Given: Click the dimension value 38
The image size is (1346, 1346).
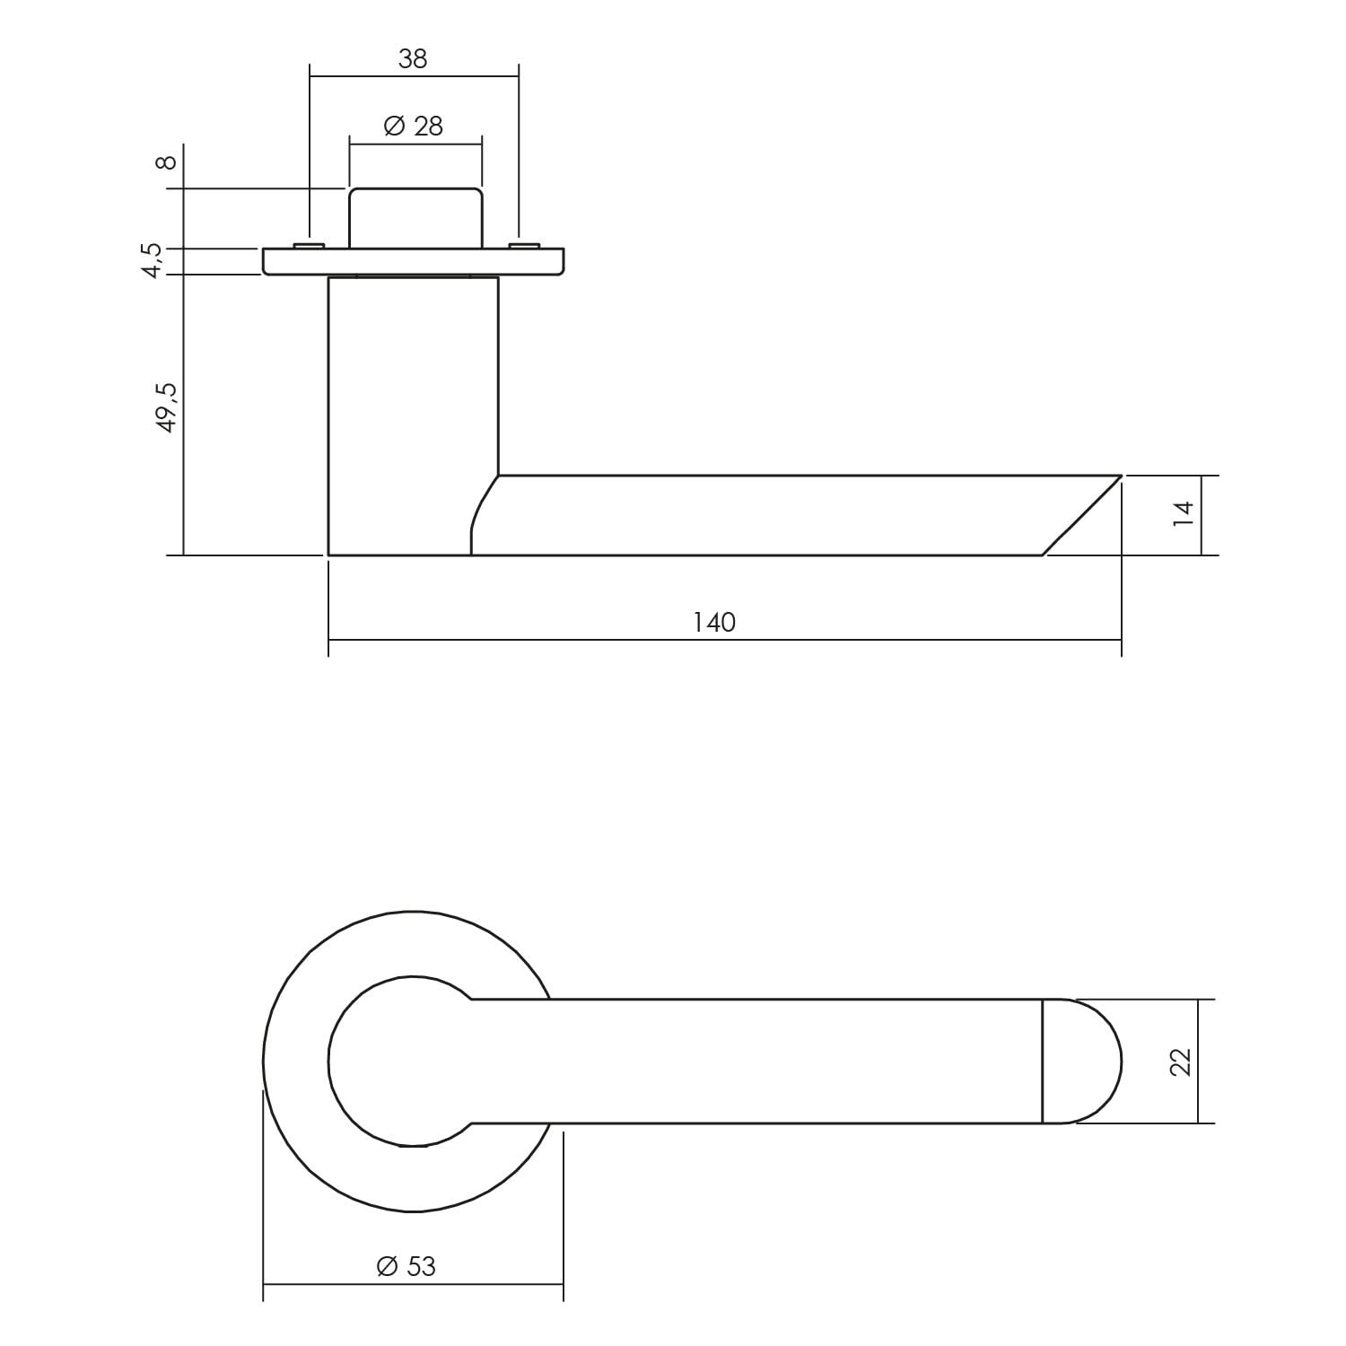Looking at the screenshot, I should (413, 59).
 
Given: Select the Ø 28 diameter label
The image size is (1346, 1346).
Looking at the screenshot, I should (414, 127).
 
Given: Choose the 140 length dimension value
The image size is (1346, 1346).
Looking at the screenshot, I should (714, 622).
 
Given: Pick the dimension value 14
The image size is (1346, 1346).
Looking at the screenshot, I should (1184, 513).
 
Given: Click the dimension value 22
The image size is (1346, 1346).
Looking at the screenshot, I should (1182, 1062).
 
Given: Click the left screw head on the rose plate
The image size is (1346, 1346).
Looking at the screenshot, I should (309, 245).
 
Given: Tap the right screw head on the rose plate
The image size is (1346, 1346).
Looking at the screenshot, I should (525, 245).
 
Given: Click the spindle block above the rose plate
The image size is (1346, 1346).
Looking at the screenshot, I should (415, 218).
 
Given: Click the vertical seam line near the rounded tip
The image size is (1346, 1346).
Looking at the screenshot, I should (1043, 1062).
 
